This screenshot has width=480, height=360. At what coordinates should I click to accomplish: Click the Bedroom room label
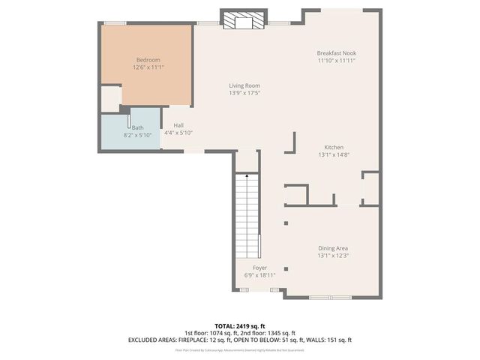[148, 60]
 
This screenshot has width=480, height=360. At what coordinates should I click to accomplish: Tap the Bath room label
[138, 127]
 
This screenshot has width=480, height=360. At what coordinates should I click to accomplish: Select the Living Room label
[244, 85]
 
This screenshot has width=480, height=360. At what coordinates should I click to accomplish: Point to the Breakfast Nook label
[336, 53]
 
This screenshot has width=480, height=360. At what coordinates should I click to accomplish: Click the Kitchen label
[334, 147]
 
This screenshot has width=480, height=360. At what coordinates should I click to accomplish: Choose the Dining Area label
[332, 247]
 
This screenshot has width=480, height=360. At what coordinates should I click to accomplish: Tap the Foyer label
[259, 268]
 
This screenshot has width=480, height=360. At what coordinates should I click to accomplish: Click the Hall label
[178, 125]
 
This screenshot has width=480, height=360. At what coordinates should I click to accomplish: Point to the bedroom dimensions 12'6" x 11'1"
[148, 67]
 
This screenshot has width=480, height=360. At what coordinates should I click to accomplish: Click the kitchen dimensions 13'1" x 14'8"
[334, 154]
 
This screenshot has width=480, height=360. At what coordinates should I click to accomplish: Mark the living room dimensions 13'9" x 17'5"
[244, 93]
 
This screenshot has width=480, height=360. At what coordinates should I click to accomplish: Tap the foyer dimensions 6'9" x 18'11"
[259, 275]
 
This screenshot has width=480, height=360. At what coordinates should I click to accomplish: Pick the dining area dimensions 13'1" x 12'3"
[332, 255]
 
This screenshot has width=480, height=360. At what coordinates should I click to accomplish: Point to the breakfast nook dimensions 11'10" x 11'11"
[336, 61]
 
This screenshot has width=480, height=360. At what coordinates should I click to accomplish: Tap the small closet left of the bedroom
[110, 98]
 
